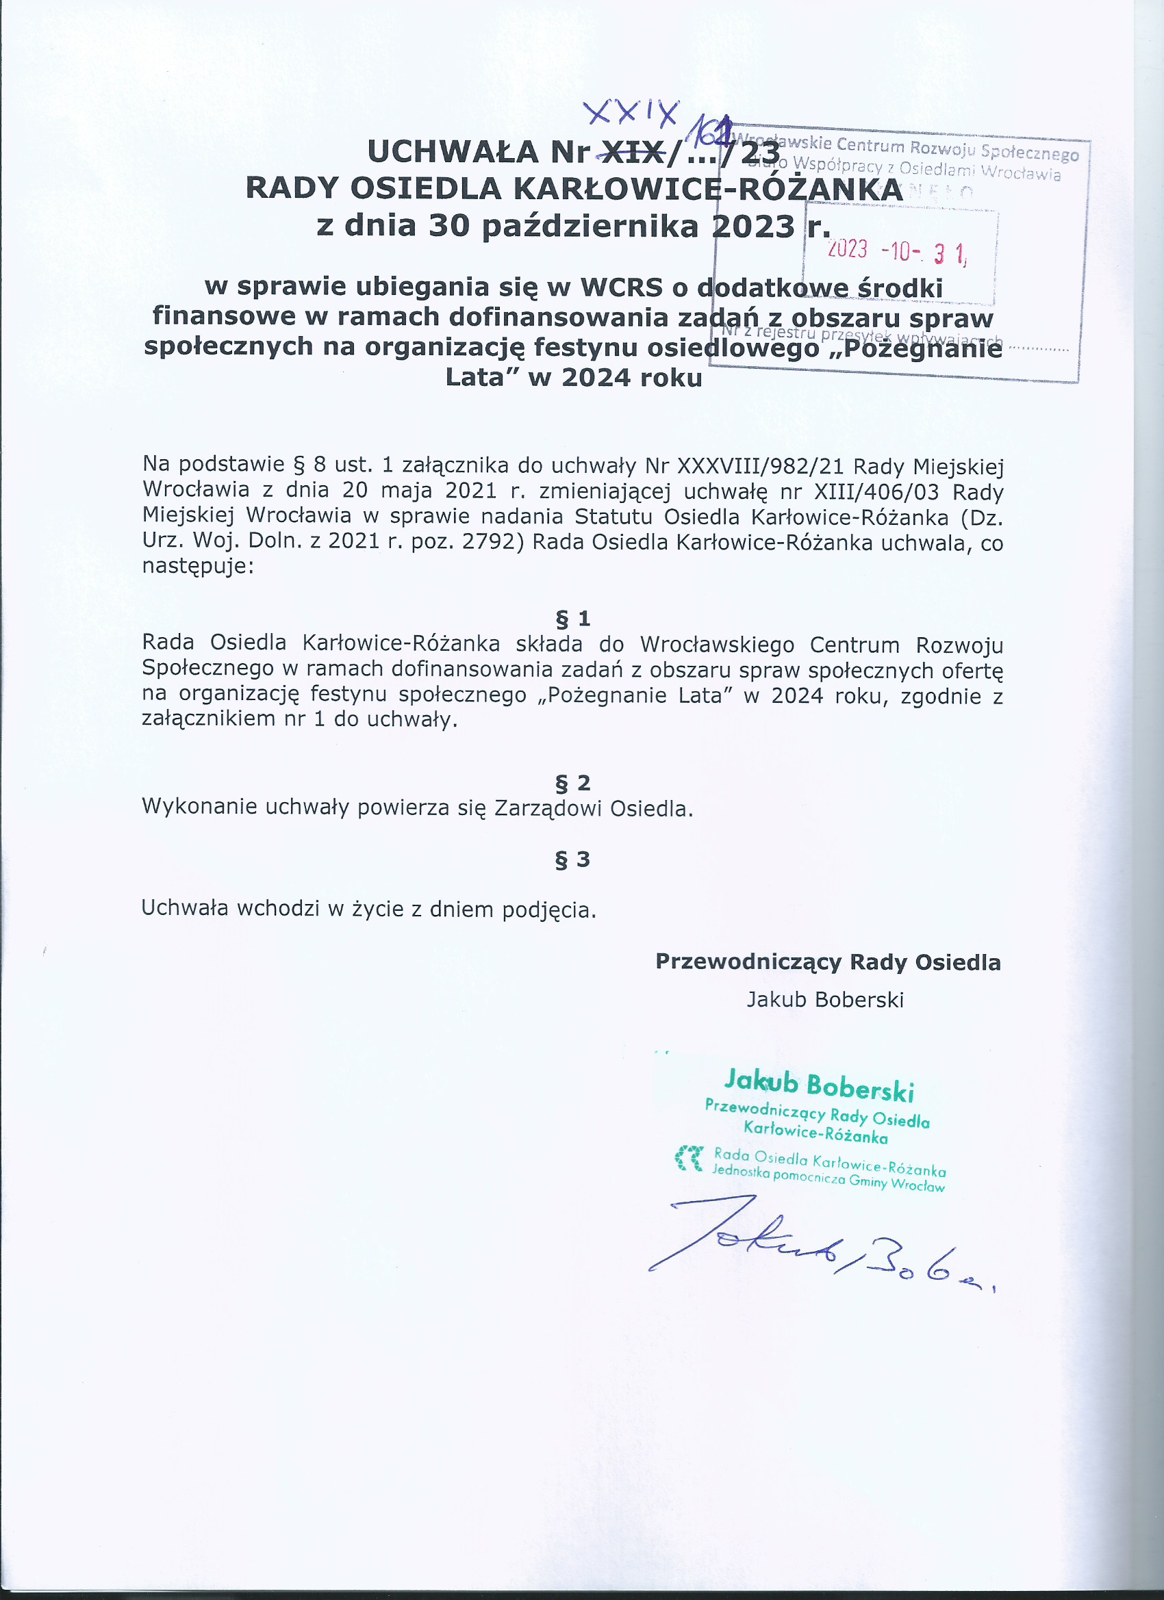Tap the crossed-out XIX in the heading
631,151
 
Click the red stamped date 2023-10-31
896,251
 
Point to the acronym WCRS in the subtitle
621,287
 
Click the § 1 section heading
572,619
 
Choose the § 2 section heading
572,783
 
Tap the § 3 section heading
572,860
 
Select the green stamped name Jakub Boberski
819,1087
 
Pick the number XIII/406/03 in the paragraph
876,492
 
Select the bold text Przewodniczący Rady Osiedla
827,962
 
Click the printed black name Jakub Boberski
825,1000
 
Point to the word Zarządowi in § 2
548,808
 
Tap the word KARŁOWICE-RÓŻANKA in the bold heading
707,188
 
